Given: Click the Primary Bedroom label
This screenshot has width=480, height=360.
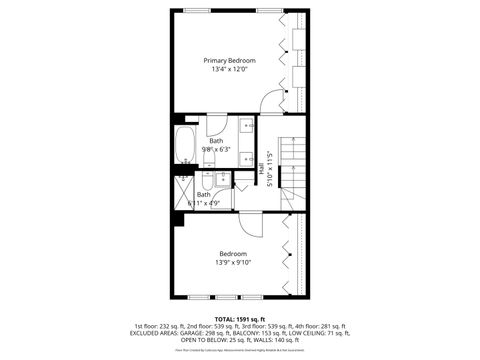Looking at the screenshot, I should (222, 60).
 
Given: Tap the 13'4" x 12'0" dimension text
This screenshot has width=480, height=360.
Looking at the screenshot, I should (222, 69).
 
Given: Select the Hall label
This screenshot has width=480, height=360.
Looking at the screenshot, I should (262, 172).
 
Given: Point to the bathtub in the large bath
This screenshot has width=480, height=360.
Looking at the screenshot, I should (186, 146).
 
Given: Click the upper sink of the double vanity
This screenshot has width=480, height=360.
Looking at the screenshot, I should (246, 127).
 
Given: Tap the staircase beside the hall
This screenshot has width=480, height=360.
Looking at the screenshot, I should (290, 160).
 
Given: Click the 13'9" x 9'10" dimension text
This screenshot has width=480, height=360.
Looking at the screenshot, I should (233, 263).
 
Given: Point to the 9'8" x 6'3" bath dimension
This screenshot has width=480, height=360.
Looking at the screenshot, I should (217, 149).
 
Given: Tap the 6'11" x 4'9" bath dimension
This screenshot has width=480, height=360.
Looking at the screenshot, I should (204, 203).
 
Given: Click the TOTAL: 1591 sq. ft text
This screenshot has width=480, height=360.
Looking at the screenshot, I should (240, 318).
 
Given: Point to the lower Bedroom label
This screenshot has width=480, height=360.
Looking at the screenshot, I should (233, 254).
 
